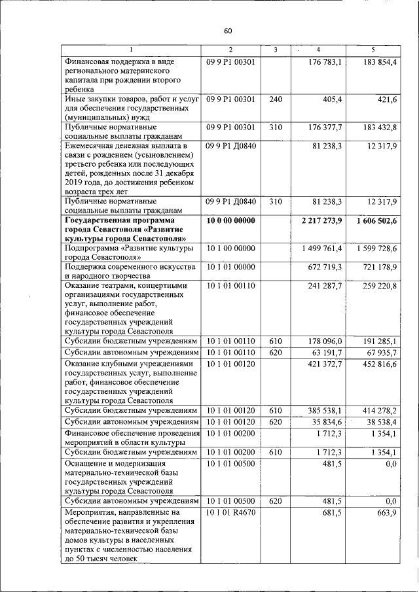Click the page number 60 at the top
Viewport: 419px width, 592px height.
click(227, 31)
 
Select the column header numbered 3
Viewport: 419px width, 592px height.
click(276, 50)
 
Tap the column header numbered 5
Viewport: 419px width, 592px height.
click(373, 50)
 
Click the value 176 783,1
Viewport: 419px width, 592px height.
click(325, 62)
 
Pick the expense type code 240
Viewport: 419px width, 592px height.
click(276, 99)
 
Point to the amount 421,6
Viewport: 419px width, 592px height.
click(384, 99)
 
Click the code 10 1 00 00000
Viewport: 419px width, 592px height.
click(230, 249)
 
